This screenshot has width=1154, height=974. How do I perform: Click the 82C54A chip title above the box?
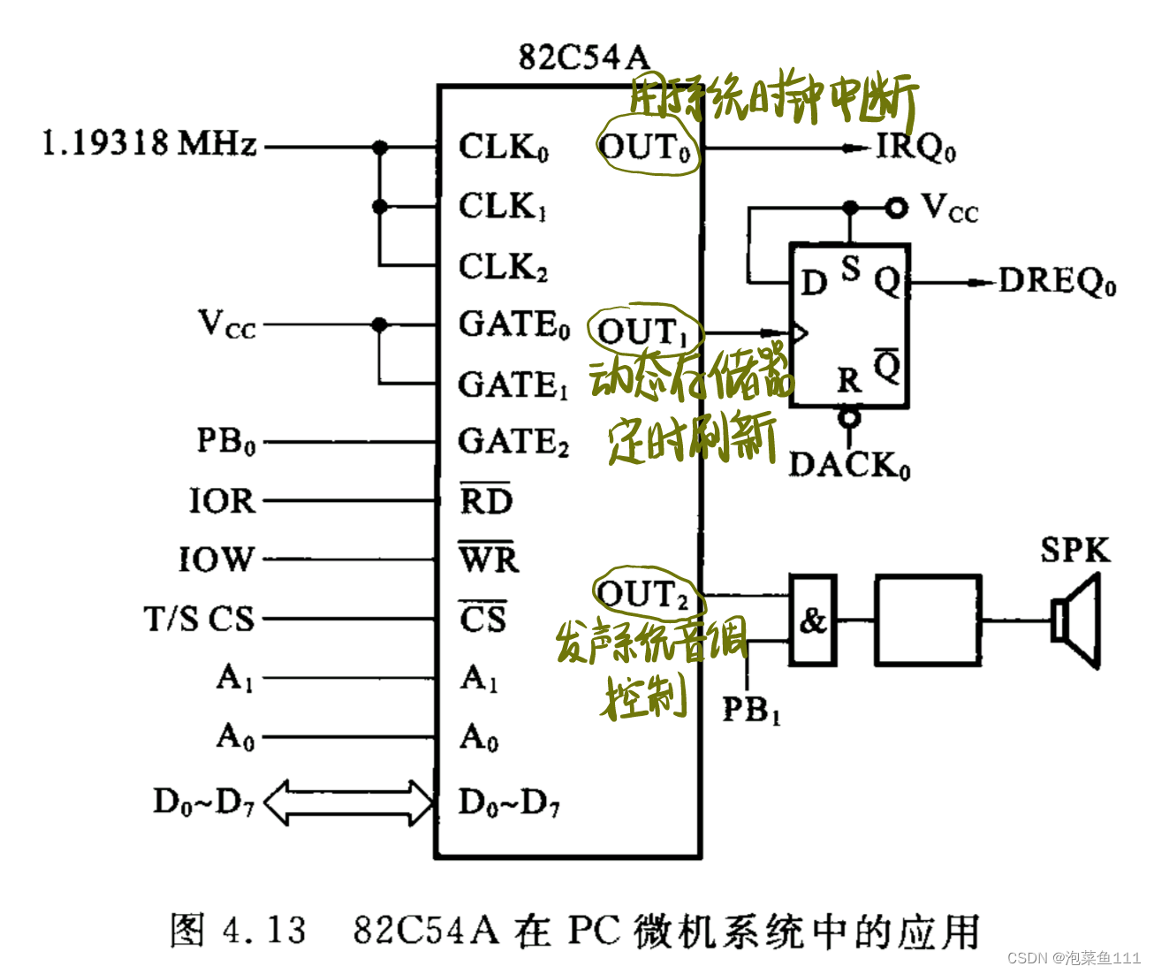coord(583,57)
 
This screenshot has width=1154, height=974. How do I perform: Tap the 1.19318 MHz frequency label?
coord(149,142)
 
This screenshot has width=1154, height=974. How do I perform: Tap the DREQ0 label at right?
coord(1057,282)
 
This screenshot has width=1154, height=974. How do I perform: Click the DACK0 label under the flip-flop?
coord(848,465)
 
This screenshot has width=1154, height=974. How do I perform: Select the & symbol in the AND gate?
coord(813,620)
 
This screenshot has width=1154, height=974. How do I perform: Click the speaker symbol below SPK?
coord(1076,620)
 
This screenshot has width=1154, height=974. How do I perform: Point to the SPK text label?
coord(1074,551)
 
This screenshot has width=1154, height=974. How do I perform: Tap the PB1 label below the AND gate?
coord(751,709)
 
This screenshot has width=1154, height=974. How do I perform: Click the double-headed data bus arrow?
coord(349,802)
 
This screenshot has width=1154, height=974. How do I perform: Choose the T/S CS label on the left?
coord(199,619)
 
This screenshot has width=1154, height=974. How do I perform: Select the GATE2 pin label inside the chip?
coord(513,441)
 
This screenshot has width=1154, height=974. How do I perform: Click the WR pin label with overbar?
coord(488,559)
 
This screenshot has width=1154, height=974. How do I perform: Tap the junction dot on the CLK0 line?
coord(380,148)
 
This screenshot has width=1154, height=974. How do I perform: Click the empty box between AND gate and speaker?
coord(928,620)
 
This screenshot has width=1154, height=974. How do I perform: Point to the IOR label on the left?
coord(222,501)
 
